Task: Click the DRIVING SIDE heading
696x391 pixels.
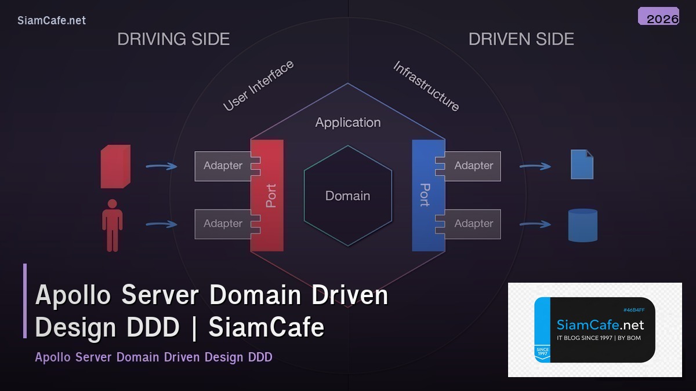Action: (x=173, y=39)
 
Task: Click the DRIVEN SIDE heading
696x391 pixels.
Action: (x=521, y=39)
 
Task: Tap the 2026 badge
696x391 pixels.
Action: (x=659, y=17)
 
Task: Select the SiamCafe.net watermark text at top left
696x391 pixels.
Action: (x=52, y=20)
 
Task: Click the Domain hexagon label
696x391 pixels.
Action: (x=347, y=196)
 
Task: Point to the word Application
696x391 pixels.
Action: (x=348, y=123)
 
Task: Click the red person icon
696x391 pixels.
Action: (x=112, y=225)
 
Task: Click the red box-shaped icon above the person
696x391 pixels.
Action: (x=115, y=167)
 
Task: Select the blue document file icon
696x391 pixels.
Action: (x=582, y=165)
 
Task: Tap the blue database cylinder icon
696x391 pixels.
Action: (x=582, y=225)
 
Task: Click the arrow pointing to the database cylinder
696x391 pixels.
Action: (x=535, y=224)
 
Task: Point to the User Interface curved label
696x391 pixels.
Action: (x=259, y=86)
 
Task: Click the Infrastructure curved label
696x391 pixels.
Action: (x=426, y=86)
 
